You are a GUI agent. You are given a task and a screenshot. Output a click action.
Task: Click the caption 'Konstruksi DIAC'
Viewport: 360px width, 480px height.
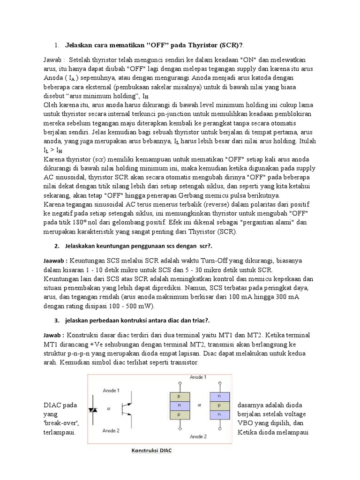click(152, 451)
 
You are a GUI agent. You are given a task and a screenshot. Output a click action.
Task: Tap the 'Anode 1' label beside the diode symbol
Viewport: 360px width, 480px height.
click(110, 390)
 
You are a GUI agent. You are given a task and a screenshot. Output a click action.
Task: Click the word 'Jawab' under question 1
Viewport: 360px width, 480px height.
click(53, 60)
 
